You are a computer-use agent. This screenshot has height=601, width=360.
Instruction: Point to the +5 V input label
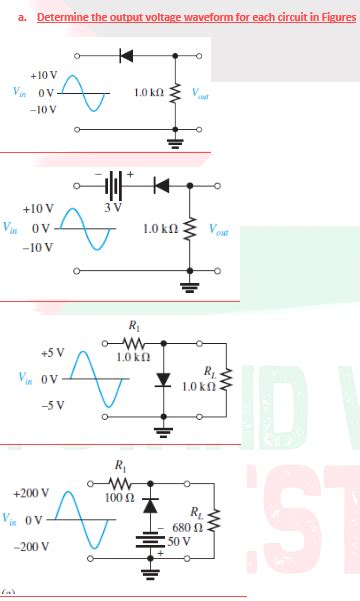point(52,353)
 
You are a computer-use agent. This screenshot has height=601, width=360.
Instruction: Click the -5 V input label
point(52,405)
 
